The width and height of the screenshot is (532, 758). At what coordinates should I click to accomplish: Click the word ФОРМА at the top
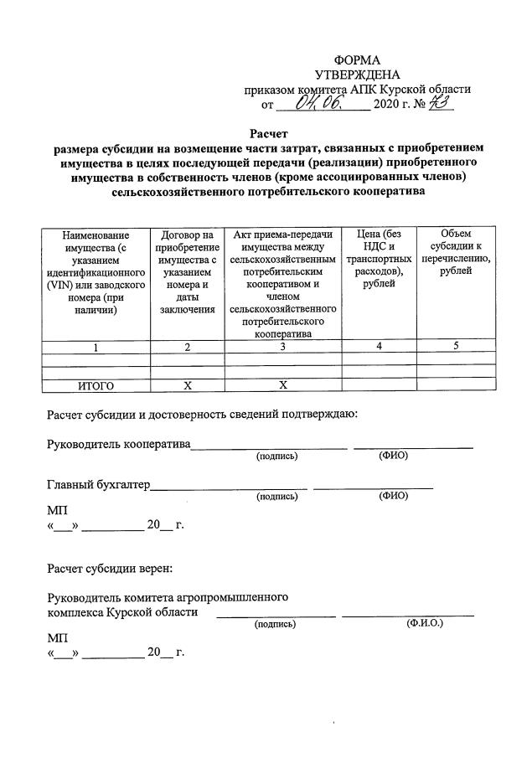tap(357, 60)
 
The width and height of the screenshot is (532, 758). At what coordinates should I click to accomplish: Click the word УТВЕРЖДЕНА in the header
tap(357, 75)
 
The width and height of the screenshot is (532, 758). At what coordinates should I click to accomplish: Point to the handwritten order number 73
tap(439, 105)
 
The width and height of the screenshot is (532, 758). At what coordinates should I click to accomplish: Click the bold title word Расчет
tap(268, 133)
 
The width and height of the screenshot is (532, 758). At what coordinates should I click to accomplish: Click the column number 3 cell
tap(282, 348)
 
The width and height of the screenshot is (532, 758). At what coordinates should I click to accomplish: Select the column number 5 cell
tap(455, 348)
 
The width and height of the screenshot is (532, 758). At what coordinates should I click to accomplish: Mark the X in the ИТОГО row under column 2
tap(187, 385)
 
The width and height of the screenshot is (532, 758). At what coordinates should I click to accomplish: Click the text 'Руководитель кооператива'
tap(119, 444)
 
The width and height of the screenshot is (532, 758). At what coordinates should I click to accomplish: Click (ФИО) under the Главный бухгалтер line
tap(393, 496)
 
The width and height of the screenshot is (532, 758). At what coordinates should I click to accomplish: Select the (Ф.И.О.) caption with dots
tap(425, 624)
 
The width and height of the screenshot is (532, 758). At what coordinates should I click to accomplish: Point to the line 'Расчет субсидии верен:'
tap(109, 569)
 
